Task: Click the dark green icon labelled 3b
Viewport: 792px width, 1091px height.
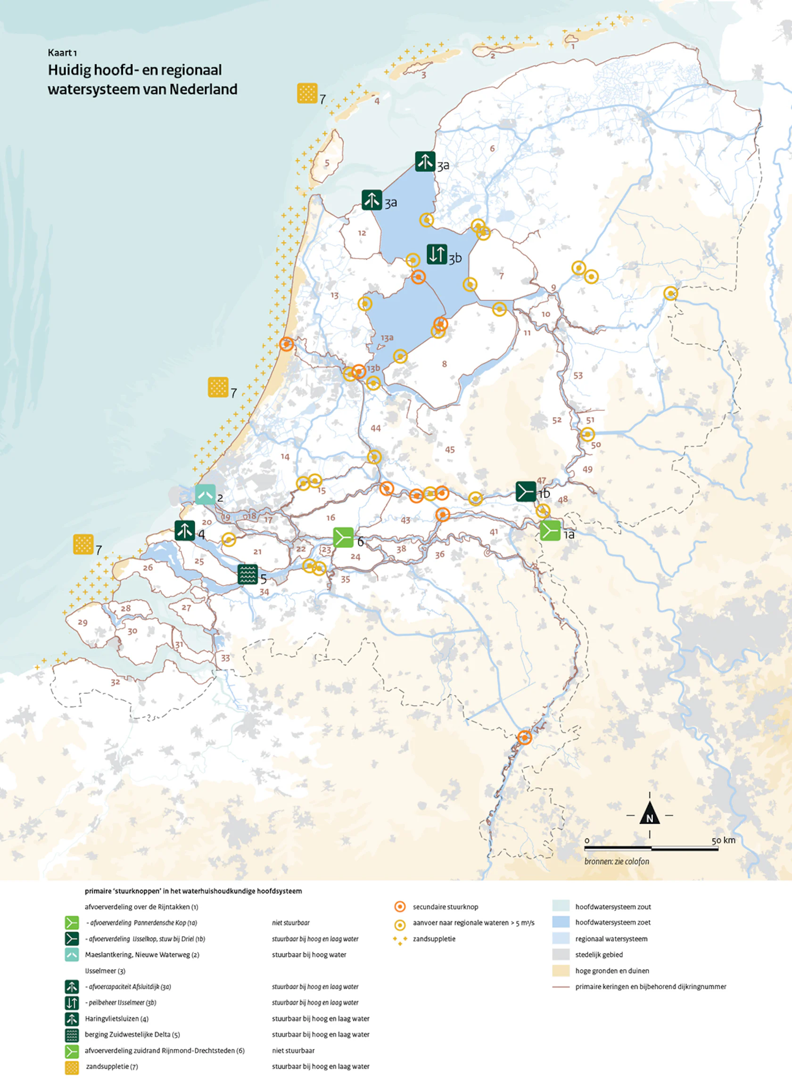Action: pos(437,254)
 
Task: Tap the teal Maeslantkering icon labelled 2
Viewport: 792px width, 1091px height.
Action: pos(206,494)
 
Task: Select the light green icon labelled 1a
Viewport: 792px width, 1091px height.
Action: pos(550,531)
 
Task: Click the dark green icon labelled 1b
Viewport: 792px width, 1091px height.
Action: pos(526,491)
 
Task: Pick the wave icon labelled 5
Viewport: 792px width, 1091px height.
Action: pos(248,574)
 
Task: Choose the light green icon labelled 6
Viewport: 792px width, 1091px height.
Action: pos(344,538)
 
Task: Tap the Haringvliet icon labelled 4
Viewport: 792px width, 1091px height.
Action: pos(185,531)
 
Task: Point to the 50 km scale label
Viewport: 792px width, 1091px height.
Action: pos(723,840)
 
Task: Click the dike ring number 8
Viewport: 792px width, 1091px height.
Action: pos(444,364)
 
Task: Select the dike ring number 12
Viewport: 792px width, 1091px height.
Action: pos(362,233)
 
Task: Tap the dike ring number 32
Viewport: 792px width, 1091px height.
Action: pos(115,682)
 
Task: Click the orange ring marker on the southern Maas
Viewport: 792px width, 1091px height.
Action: pos(525,738)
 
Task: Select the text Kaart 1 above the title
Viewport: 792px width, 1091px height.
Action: pos(62,52)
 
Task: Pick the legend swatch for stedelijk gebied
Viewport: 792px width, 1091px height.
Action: pos(561,954)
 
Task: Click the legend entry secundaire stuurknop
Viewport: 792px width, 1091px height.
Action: pos(445,907)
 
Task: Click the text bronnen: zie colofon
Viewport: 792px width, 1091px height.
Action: pos(616,861)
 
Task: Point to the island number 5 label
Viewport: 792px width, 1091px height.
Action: pos(327,163)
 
